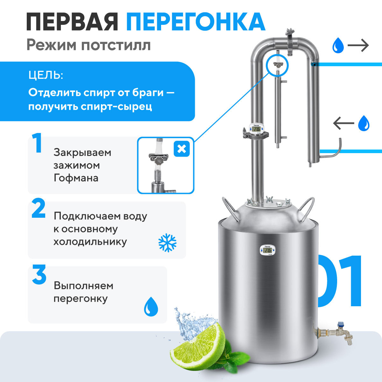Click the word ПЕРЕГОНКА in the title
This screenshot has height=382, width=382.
(x=196, y=22)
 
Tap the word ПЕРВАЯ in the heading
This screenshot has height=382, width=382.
(x=72, y=22)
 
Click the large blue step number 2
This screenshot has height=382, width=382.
(x=39, y=208)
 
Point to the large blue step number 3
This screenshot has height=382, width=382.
(x=39, y=274)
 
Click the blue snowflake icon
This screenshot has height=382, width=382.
(x=167, y=243)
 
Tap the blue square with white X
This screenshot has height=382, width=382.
(x=181, y=149)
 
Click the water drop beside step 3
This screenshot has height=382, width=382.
(x=151, y=307)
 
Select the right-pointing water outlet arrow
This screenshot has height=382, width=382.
(x=358, y=46)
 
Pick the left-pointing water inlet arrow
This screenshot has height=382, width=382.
(x=343, y=123)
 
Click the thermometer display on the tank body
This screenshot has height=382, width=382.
(x=267, y=251)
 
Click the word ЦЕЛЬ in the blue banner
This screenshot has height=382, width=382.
(x=46, y=75)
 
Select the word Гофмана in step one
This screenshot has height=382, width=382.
(x=76, y=178)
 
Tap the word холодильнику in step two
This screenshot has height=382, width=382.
(x=90, y=242)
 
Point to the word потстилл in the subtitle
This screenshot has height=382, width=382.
(x=116, y=46)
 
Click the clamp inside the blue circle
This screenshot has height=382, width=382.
(x=278, y=64)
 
